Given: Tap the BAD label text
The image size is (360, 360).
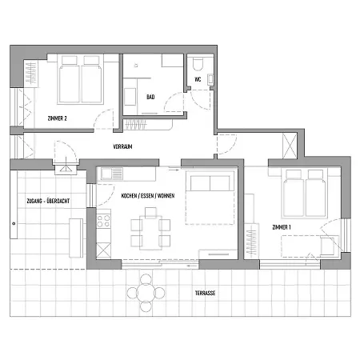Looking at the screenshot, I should (150, 98).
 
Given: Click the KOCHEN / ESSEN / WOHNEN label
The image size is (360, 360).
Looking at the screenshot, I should (147, 196).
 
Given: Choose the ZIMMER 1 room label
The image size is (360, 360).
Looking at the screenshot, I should (282, 227).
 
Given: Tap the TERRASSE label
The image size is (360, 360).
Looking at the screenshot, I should (205, 293).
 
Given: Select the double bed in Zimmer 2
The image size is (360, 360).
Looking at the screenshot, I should (80, 80).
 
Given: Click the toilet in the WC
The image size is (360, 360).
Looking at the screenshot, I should (199, 64).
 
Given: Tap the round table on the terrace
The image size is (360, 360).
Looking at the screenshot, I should (145, 292).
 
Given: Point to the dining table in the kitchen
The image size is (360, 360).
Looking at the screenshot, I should (149, 228).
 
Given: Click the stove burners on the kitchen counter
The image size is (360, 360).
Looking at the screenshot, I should (103, 220).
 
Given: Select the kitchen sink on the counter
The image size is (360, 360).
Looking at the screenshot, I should (110, 172).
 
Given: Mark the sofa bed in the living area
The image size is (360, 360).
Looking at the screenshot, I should (211, 200).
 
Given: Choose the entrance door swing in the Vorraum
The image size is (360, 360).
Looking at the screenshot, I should (60, 152).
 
